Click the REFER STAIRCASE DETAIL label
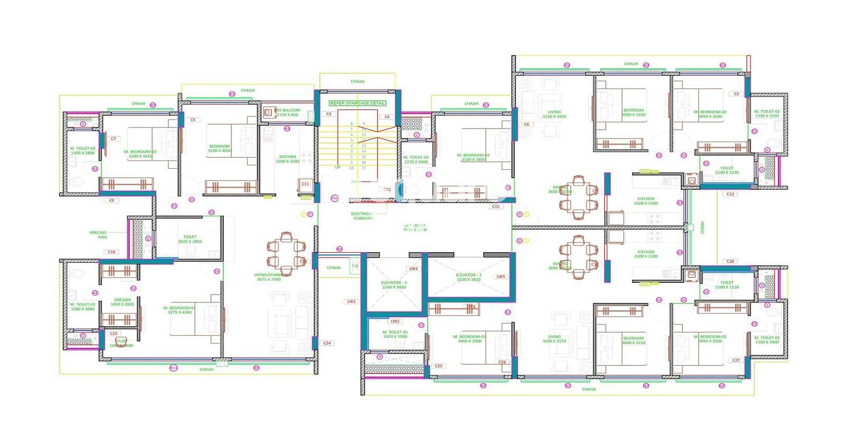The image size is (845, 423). pyautogui.click(x=358, y=103)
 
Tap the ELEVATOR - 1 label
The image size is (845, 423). pyautogui.click(x=394, y=285)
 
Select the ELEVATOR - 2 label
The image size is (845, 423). pyautogui.click(x=468, y=277)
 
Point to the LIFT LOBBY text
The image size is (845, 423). pyautogui.click(x=415, y=228)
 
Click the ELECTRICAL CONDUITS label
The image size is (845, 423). pyautogui.click(x=363, y=216)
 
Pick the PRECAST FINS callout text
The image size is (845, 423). pyautogui.click(x=98, y=235)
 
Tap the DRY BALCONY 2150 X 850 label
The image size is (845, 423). pyautogui.click(x=288, y=113)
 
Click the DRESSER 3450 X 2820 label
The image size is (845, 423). pyautogui.click(x=122, y=302)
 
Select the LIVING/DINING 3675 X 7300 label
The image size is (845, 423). pyautogui.click(x=268, y=277)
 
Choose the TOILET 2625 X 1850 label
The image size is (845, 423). pyautogui.click(x=190, y=239)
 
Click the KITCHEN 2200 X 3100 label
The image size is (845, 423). pyautogui.click(x=287, y=159)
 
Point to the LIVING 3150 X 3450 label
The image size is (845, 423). pyautogui.click(x=554, y=114)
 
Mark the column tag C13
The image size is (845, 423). pyautogui.click(x=730, y=194)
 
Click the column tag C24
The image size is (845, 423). pyautogui.click(x=327, y=343)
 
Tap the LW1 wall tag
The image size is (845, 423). pyautogui.click(x=351, y=301)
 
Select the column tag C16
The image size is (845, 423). pyautogui.click(x=111, y=252)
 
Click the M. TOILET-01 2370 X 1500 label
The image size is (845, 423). pyautogui.click(x=395, y=334)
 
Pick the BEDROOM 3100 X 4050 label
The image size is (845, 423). pyautogui.click(x=219, y=149)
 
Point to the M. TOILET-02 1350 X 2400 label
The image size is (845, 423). pyautogui.click(x=767, y=339)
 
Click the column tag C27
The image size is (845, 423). pyautogui.click(x=736, y=360)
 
